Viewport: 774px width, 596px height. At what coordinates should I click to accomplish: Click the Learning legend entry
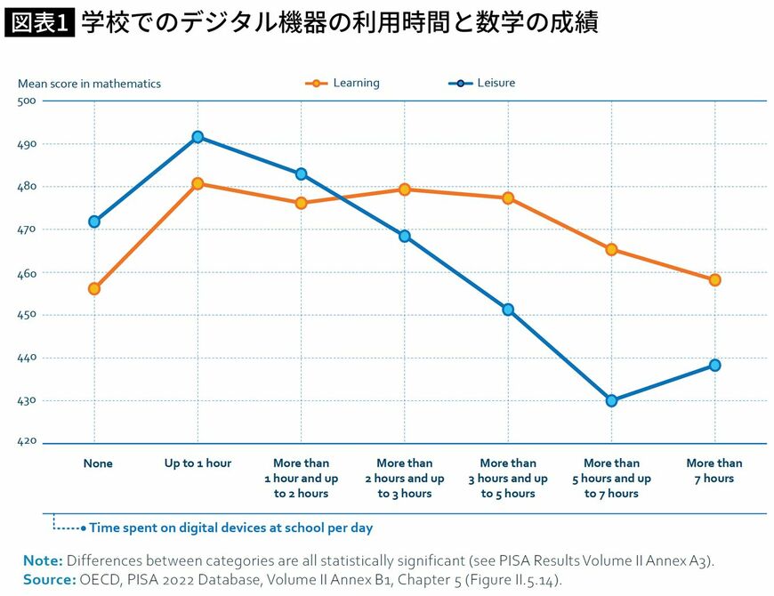click(x=343, y=83)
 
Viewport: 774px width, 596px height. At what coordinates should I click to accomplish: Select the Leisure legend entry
click(x=482, y=83)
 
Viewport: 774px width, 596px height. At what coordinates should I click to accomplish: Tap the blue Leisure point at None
click(x=94, y=221)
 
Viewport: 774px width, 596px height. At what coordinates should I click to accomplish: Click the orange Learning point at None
click(x=94, y=288)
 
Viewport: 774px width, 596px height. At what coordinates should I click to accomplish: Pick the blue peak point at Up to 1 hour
click(x=198, y=137)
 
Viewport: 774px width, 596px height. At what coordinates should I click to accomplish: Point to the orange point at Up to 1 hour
click(x=198, y=183)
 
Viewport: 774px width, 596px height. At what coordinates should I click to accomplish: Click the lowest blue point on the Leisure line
click(x=611, y=400)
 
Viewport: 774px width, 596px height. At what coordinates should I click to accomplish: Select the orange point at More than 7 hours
click(x=714, y=279)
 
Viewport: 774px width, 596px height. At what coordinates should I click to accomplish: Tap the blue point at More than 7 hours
click(x=714, y=365)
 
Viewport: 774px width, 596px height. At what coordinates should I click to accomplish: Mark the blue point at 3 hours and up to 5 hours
click(x=508, y=310)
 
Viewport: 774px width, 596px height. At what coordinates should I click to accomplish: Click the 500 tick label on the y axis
click(x=27, y=101)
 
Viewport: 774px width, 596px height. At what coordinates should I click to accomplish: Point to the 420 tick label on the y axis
click(x=27, y=440)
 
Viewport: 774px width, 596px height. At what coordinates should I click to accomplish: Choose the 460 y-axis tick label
click(x=27, y=273)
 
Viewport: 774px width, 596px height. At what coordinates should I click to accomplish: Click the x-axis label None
click(x=98, y=463)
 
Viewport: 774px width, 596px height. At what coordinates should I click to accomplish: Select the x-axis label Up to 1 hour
click(x=198, y=463)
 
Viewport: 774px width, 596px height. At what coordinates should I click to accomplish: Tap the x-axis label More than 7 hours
click(x=714, y=471)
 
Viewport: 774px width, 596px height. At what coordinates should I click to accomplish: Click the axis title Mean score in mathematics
click(x=89, y=84)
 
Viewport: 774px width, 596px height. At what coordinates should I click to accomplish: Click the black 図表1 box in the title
click(x=39, y=23)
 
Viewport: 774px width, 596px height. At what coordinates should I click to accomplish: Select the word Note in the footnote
click(x=43, y=560)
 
